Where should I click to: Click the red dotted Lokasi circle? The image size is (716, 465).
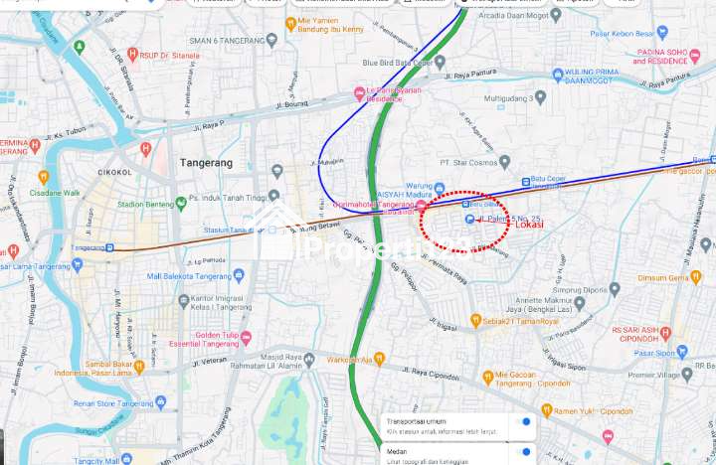tap(464, 220)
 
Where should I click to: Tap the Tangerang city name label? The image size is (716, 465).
tap(207, 162)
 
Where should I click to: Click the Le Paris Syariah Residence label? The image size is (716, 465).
tap(392, 95)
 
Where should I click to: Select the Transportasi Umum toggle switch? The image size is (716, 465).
tap(523, 422)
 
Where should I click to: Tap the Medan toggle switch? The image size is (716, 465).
tap(523, 452)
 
